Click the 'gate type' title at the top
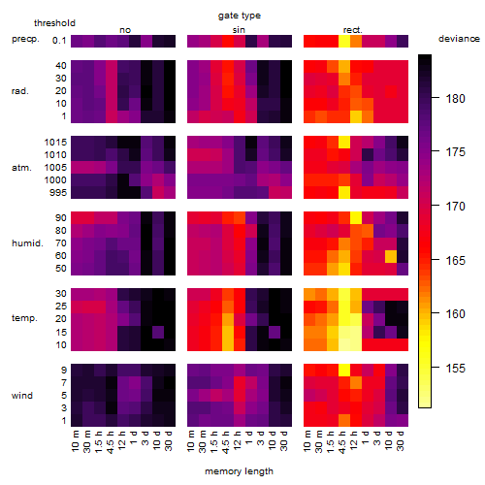[240, 16]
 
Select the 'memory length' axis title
[239, 471]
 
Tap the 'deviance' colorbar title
[459, 39]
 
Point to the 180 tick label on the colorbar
[455, 98]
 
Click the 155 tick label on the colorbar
[455, 368]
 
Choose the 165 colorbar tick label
[455, 260]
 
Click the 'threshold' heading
[54, 23]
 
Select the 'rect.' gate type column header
[352, 30]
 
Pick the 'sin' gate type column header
[239, 30]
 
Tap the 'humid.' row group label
[27, 243]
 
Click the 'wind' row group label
[22, 396]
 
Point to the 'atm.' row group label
[21, 168]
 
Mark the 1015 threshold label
[55, 143]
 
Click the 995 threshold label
[58, 193]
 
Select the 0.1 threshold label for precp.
[59, 41]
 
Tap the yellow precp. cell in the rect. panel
[344, 41]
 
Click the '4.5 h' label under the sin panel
[226, 442]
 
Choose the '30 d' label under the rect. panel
[401, 440]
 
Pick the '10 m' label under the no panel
[76, 440]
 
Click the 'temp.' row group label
[24, 318]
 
